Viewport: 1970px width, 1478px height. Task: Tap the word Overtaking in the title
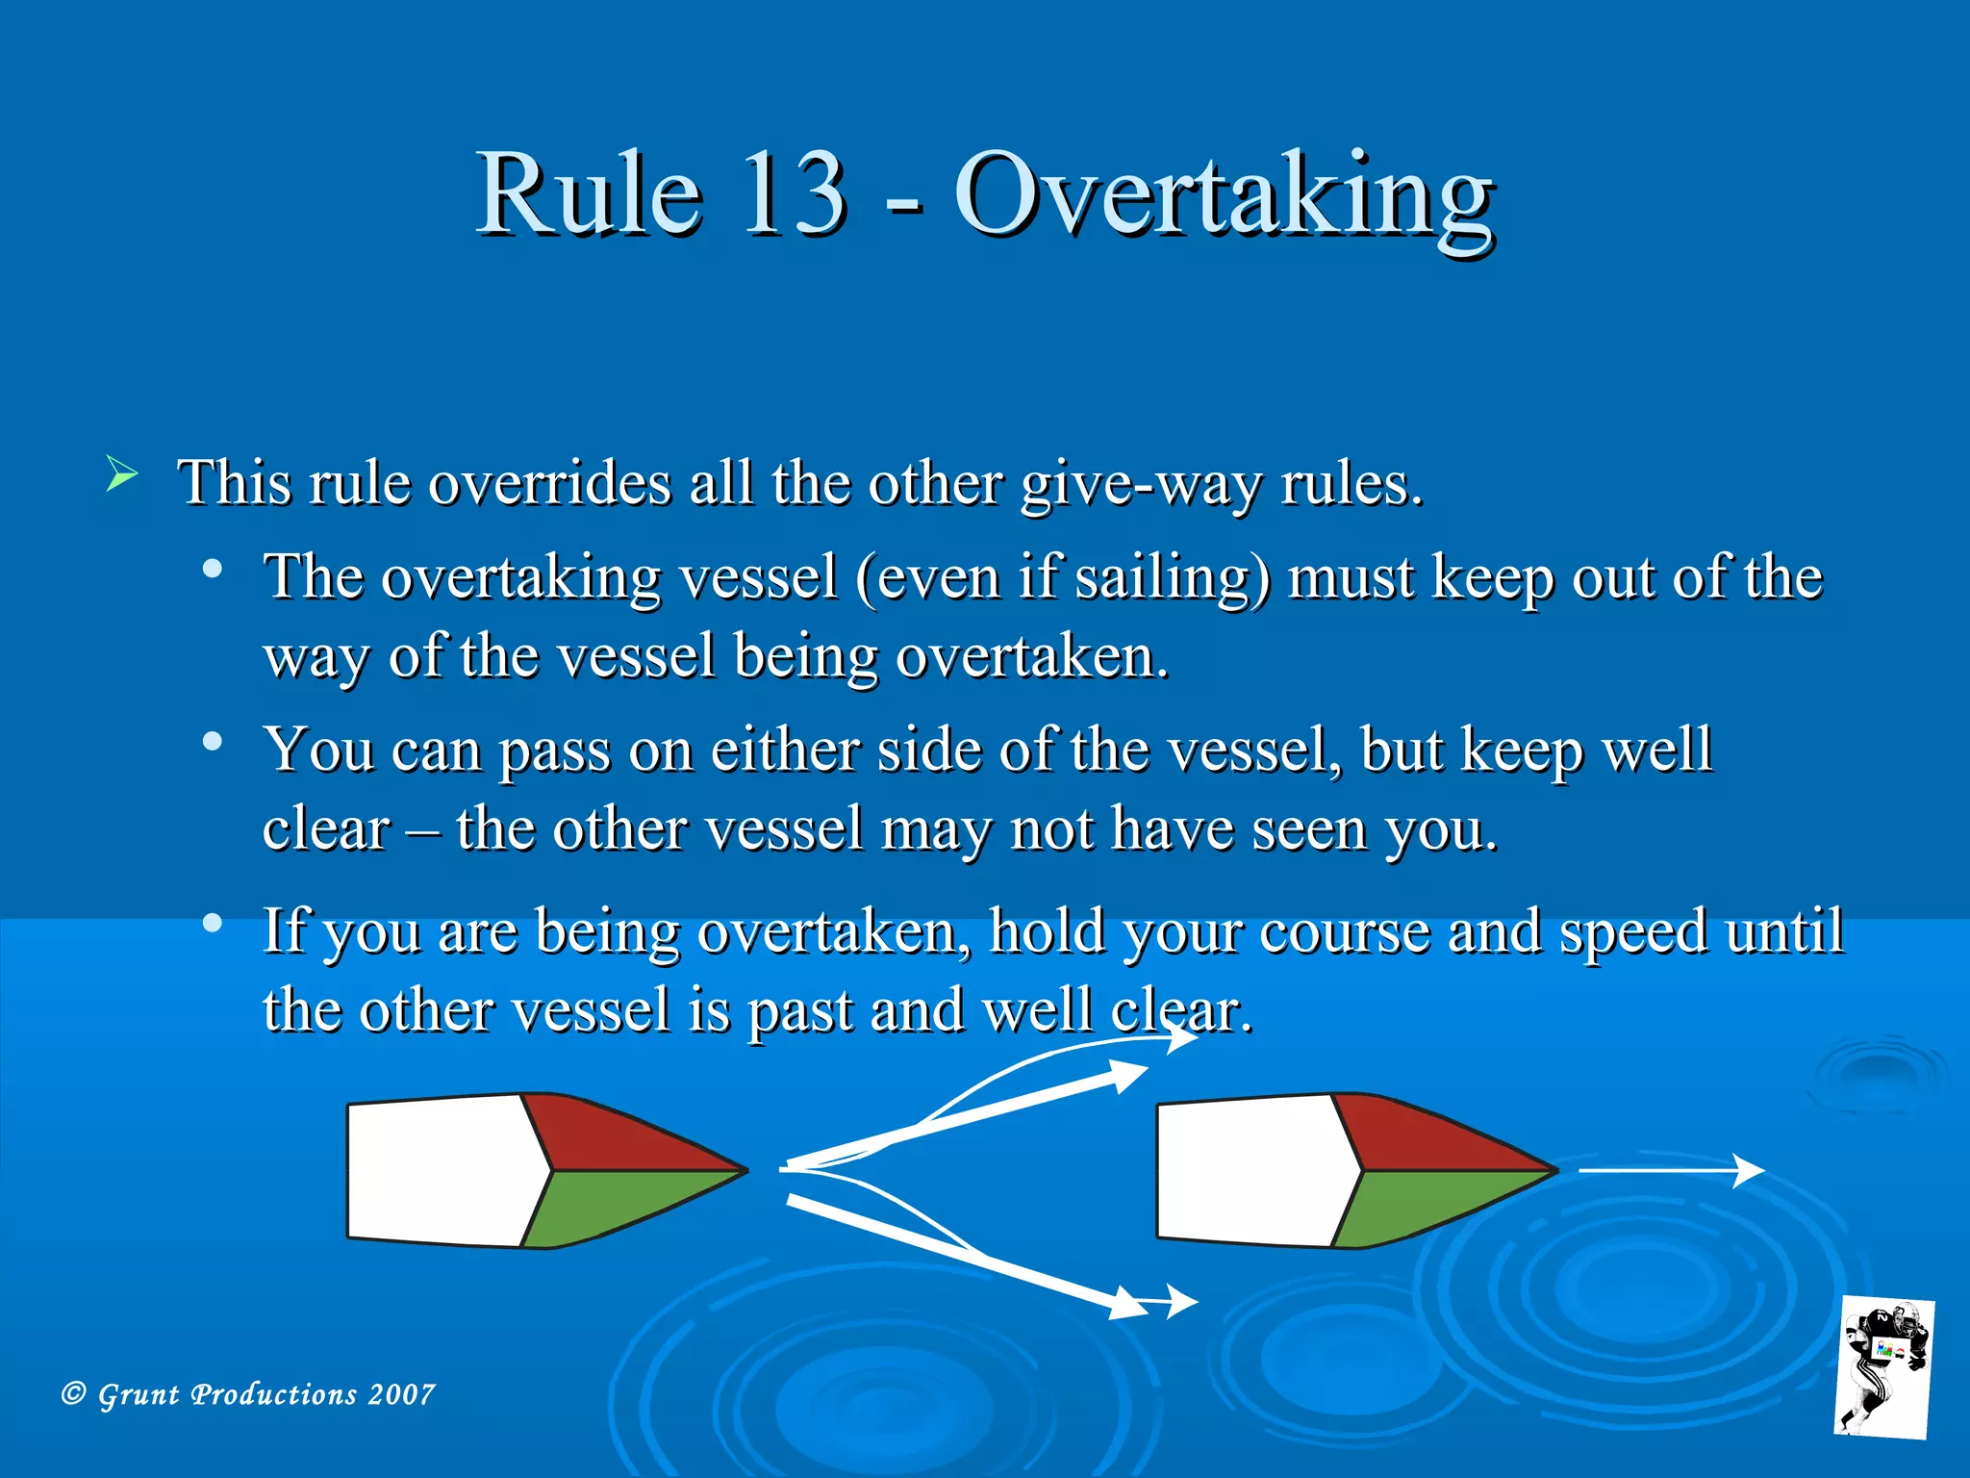click(x=1224, y=197)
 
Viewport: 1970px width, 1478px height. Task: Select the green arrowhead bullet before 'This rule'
click(x=121, y=475)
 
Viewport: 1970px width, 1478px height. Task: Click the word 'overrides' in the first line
click(x=548, y=483)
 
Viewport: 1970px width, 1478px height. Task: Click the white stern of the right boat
click(x=1250, y=1170)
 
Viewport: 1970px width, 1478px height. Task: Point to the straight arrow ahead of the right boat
click(x=1670, y=1170)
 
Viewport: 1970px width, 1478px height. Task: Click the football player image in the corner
click(x=1883, y=1366)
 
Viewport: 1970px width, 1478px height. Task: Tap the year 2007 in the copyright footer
click(x=401, y=1394)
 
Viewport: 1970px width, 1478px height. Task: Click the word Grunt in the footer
click(x=139, y=1394)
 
